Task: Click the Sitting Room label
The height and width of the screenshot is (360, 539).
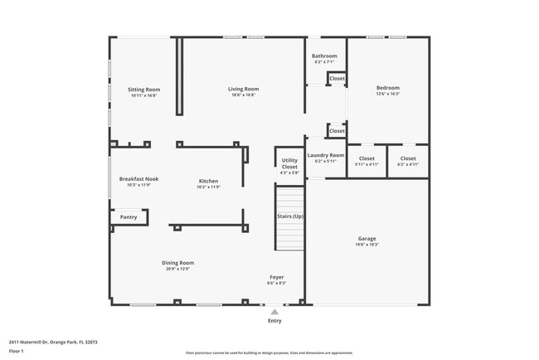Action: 143,90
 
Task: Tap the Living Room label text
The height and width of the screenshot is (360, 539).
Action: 244,89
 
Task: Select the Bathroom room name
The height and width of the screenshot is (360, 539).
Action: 324,56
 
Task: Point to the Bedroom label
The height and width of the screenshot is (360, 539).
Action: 387,88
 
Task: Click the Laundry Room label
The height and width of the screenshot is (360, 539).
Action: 325,155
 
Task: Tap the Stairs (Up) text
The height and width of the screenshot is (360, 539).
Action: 289,216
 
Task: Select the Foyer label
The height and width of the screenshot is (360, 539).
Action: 277,277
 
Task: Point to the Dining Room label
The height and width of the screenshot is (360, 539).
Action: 178,263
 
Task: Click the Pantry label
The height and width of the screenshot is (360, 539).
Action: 129,217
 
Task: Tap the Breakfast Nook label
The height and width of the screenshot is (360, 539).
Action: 138,179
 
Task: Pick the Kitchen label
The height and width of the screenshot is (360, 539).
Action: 208,181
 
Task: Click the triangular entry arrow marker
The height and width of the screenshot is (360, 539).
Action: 274,312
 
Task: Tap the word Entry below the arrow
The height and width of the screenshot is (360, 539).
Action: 274,321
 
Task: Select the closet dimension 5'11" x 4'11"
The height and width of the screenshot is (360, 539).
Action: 367,164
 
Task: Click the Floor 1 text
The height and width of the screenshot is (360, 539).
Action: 17,351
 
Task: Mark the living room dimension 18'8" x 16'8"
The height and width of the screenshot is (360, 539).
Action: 244,95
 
